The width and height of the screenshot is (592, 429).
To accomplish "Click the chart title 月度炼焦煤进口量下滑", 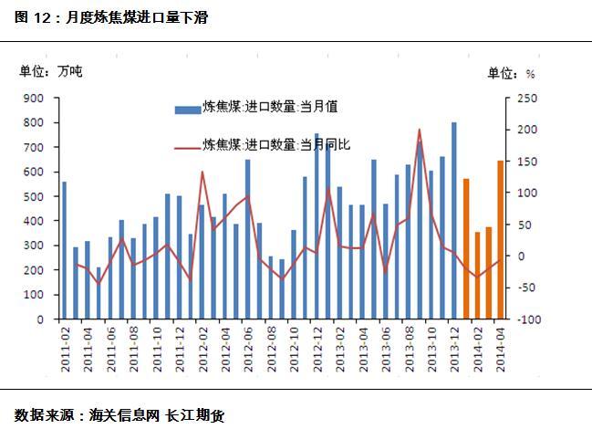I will pos(138,17).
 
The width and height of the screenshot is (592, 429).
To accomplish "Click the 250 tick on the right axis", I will pos(527,98).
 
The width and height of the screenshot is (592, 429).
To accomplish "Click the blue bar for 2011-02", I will pos(64,251).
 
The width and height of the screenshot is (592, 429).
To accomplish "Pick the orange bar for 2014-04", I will pos(500,240).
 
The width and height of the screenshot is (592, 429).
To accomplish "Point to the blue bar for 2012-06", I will pos(247,239).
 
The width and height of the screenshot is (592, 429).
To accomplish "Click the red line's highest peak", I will pos(419,130).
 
